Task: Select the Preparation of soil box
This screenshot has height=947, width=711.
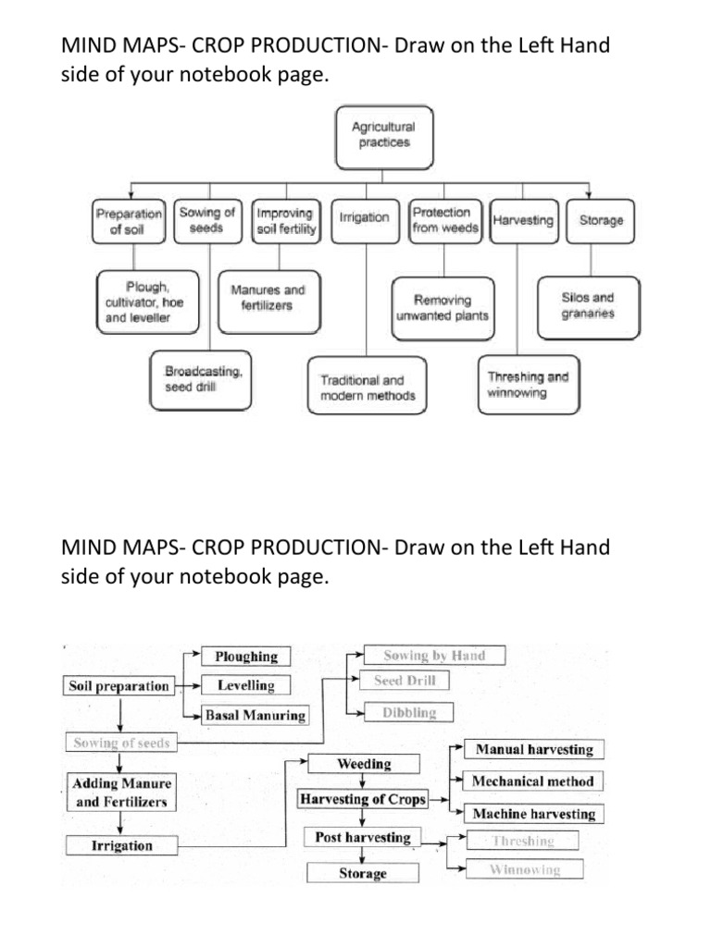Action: (x=128, y=221)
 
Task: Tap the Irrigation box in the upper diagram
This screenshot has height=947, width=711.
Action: (x=365, y=219)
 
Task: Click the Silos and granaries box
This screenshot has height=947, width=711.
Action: (x=587, y=305)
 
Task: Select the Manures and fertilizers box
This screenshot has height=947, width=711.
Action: (x=268, y=297)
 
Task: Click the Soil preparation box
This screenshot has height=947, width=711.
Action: (x=119, y=686)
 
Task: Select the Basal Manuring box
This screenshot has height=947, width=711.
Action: (x=255, y=715)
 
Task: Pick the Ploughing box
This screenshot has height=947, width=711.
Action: (x=246, y=657)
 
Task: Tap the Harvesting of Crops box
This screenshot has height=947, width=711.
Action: (x=363, y=799)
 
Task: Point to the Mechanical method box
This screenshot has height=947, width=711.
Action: (x=532, y=781)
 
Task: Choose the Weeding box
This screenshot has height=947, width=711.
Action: (x=364, y=765)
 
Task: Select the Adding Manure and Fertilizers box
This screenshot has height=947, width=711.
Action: (x=120, y=793)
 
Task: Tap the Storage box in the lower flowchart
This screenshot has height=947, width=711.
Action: (x=363, y=873)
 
